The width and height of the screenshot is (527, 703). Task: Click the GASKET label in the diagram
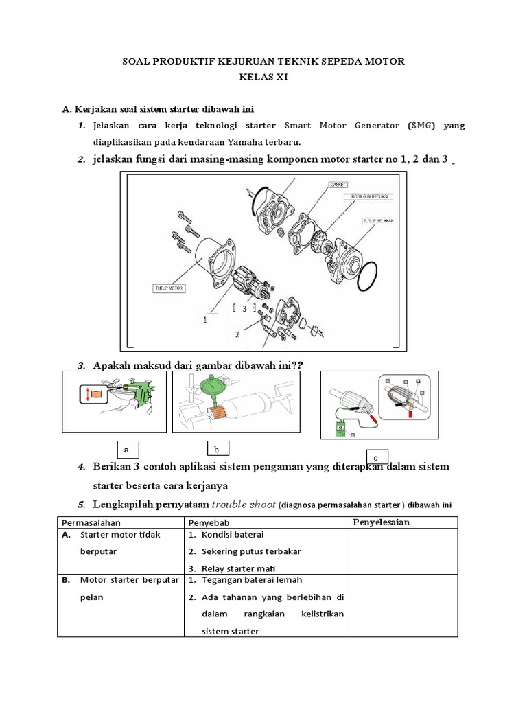coord(339,184)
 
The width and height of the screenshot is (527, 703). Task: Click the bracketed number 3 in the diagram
coord(244,309)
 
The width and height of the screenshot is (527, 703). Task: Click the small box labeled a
coord(126,450)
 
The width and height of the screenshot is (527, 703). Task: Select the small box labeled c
coord(377,457)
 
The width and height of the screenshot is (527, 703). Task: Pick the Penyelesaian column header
coord(381,522)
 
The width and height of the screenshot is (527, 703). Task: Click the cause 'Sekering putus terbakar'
coord(250,551)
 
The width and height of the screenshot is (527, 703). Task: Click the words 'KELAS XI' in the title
coord(263,78)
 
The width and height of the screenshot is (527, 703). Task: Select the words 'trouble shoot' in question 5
coord(243,504)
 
